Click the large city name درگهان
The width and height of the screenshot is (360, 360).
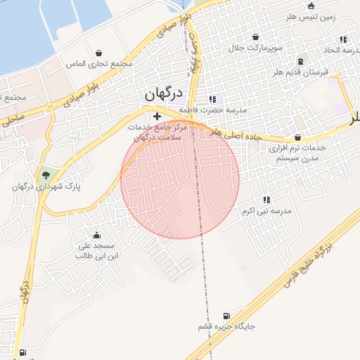(163, 94)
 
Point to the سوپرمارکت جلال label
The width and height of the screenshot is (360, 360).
(255, 48)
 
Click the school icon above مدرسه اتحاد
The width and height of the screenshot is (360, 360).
(342, 39)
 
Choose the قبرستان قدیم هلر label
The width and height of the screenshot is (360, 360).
(301, 72)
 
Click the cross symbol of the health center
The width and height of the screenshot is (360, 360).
(156, 116)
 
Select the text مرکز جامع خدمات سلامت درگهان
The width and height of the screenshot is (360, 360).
(157, 132)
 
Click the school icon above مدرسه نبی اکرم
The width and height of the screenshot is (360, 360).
(266, 200)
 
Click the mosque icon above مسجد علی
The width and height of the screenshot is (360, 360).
(96, 235)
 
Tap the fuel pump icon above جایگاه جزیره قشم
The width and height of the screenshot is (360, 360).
(226, 316)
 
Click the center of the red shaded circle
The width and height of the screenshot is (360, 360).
(180, 179)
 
